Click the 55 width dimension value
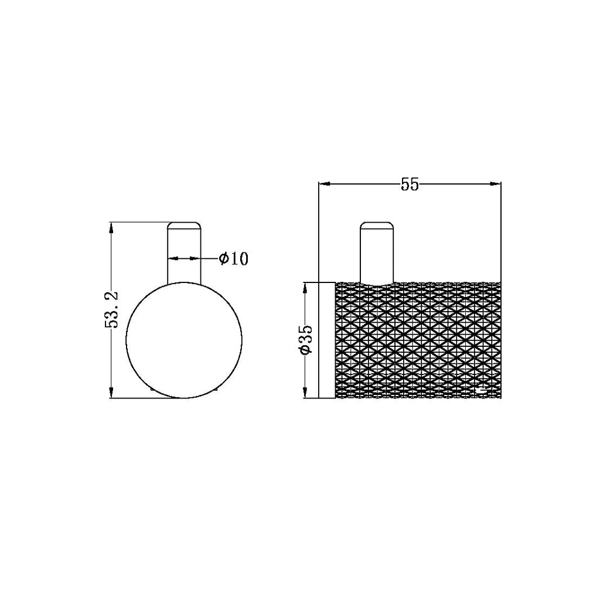pos(410,185)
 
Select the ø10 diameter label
pos(233,258)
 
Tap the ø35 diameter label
pos(305,339)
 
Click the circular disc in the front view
pos(184,340)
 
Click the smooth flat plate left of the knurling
pos(326,340)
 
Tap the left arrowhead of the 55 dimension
pos(323,185)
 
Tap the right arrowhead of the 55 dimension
pos(496,185)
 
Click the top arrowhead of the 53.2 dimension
pos(111,227)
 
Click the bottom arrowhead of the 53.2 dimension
pos(111,394)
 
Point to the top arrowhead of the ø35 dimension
pos(305,287)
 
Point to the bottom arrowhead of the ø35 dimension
pos(305,393)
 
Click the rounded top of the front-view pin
pos(185,225)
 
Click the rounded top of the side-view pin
pos(376,225)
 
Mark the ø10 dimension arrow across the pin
pos(185,258)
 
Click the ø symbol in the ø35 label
pos(305,350)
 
